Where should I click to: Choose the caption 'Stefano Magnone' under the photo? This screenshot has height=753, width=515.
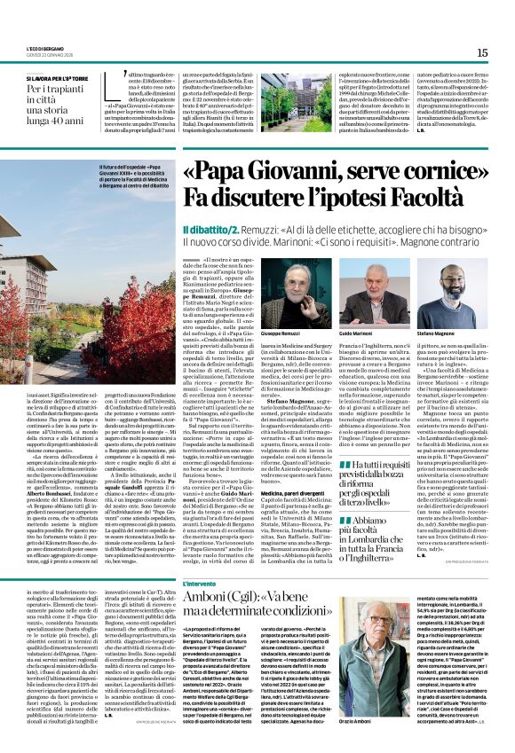click(440, 334)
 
